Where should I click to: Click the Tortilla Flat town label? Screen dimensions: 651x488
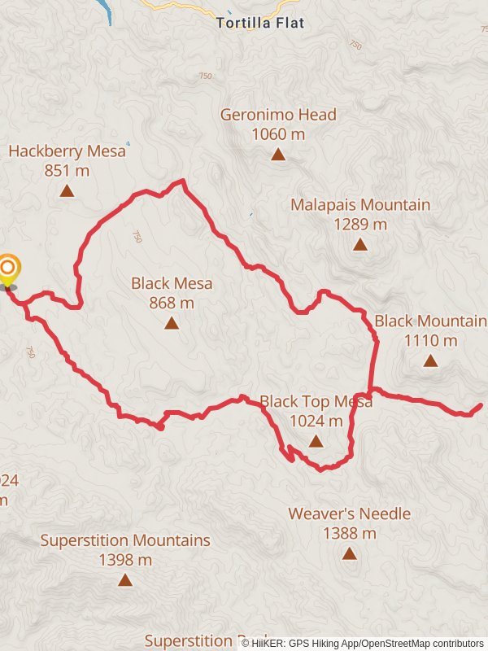click(x=260, y=24)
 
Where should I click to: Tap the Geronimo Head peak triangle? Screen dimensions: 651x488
click(x=278, y=154)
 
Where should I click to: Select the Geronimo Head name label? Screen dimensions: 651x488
click(x=278, y=115)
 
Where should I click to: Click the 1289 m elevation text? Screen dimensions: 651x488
click(x=360, y=224)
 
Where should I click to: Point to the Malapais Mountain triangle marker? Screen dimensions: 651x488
click(x=360, y=243)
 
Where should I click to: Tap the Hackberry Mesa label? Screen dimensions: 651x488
click(x=68, y=151)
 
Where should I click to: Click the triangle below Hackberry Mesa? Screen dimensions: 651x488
click(x=68, y=191)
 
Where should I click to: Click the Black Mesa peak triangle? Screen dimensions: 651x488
click(x=172, y=323)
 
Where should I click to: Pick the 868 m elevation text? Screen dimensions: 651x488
click(x=172, y=303)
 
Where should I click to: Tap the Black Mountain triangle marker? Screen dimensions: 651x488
click(x=430, y=360)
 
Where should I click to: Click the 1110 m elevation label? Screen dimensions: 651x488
click(x=430, y=340)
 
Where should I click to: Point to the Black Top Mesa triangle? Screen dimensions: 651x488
click(x=316, y=441)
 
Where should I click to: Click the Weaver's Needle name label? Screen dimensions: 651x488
click(x=349, y=514)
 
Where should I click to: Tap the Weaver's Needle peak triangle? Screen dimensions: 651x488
click(x=349, y=553)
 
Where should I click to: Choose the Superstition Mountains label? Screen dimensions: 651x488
click(x=125, y=540)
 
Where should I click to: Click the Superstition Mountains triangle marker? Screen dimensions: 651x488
click(x=125, y=579)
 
